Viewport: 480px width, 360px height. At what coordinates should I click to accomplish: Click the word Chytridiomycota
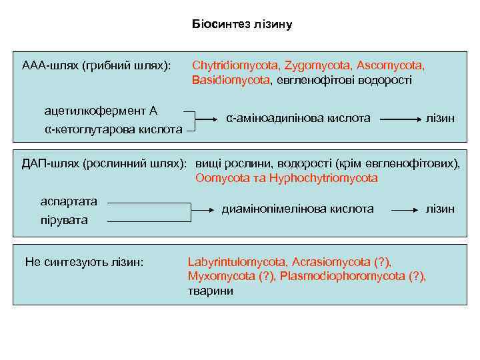(x=235, y=66)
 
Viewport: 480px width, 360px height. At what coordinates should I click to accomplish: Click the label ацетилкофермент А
(x=101, y=110)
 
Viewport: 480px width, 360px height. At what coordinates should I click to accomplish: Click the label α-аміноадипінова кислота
(x=298, y=118)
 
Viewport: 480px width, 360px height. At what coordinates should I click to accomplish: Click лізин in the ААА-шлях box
(x=440, y=118)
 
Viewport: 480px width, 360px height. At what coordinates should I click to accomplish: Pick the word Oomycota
(x=221, y=178)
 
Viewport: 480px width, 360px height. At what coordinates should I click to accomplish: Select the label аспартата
(x=69, y=201)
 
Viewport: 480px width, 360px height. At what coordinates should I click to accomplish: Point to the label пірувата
(x=64, y=219)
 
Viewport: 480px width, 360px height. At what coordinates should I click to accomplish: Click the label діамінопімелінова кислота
(x=297, y=209)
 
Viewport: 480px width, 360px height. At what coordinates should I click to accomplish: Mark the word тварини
(x=211, y=291)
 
